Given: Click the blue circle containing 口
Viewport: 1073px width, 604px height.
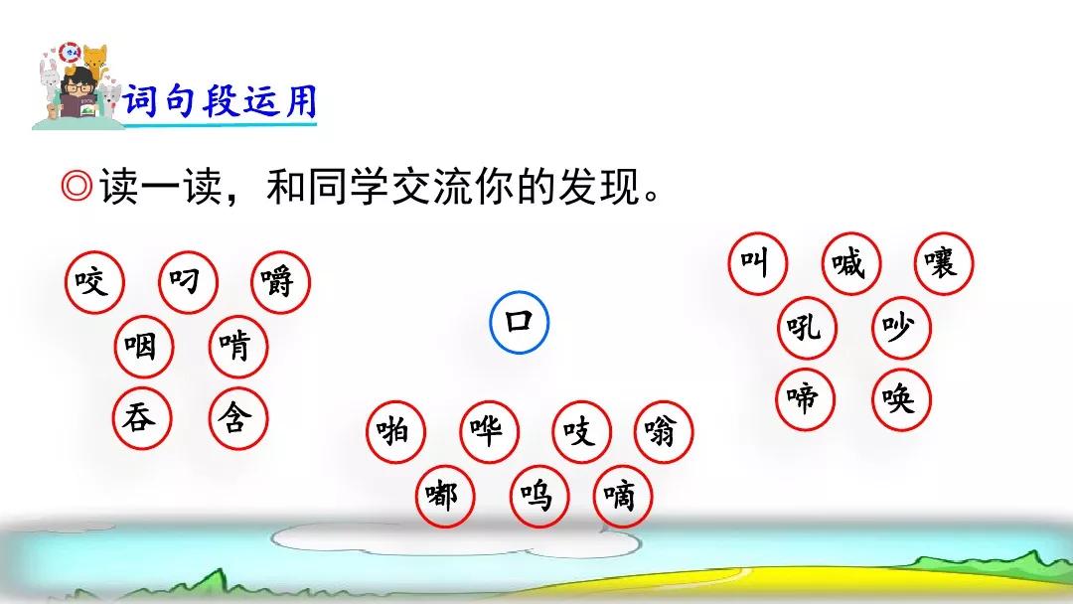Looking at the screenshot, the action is [x=520, y=322].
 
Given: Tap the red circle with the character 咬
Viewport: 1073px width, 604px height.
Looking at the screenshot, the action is [x=94, y=282].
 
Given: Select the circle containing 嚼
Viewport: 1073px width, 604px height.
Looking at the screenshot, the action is [x=280, y=282].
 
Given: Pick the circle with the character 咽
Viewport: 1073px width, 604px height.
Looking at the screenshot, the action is [x=144, y=346].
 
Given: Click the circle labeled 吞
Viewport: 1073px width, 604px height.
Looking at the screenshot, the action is [x=142, y=417].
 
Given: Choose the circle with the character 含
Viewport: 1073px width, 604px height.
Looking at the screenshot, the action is [x=237, y=417].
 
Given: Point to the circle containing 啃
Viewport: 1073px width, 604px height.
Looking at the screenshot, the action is [x=238, y=346].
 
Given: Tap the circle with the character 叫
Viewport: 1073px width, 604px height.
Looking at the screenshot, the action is [x=757, y=263].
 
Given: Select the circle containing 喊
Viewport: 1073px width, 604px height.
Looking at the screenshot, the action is [x=851, y=263].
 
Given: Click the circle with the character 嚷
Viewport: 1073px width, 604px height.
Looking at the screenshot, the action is [x=944, y=263].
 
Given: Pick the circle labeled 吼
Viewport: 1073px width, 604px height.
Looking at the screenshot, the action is [x=808, y=328].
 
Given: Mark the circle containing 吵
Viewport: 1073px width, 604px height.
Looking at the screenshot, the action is [x=902, y=328].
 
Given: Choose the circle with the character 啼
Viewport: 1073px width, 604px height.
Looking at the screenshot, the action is [x=806, y=398].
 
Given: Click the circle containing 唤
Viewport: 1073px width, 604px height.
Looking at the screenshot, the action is [x=902, y=398].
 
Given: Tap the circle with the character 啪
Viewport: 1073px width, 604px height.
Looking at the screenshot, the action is [x=395, y=431].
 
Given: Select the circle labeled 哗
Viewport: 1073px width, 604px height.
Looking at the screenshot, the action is [x=489, y=431].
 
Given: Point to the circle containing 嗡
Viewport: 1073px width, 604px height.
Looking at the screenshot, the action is [x=664, y=431].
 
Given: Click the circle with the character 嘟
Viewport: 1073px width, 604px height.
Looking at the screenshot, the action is [x=445, y=496].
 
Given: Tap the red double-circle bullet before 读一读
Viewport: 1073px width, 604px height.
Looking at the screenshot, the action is [x=76, y=186].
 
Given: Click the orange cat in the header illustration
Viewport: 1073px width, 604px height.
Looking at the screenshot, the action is [x=94, y=62].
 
